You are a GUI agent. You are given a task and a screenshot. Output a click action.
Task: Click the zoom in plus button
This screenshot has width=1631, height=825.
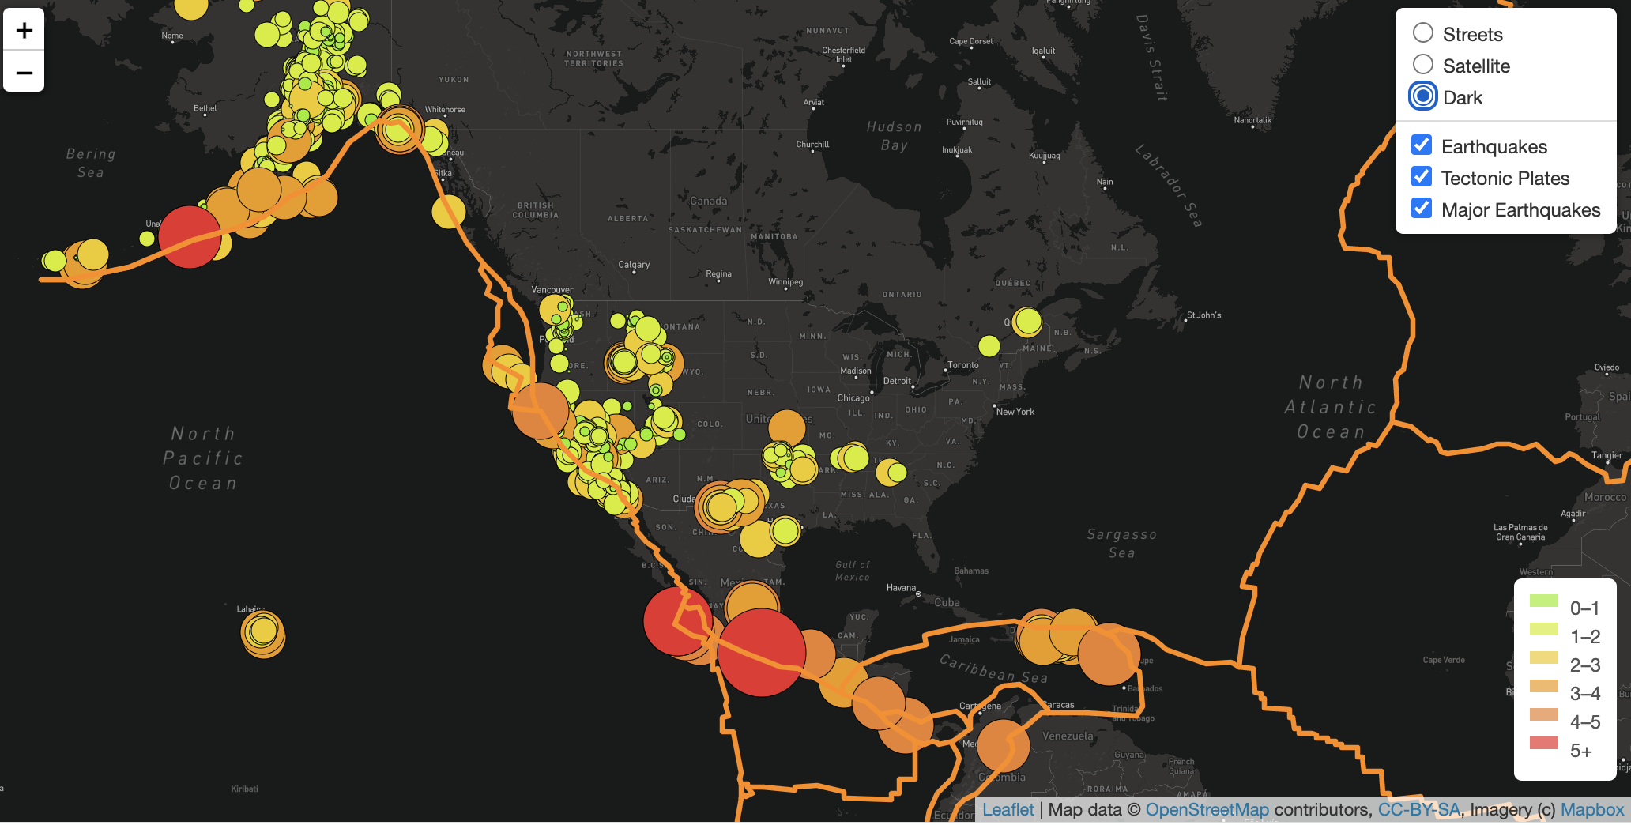(24, 30)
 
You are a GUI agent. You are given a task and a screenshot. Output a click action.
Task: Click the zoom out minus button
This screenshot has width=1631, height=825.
(24, 73)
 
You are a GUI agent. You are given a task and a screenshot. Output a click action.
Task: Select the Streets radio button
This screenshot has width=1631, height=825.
(1423, 33)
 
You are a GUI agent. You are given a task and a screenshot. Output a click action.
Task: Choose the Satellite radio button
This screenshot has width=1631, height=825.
(1423, 65)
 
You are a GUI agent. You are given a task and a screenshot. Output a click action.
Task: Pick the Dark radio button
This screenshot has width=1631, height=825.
(1423, 96)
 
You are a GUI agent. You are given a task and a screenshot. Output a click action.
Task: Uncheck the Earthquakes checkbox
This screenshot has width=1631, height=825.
(1422, 145)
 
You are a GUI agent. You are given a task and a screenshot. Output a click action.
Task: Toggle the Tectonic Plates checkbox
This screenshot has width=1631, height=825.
(1422, 177)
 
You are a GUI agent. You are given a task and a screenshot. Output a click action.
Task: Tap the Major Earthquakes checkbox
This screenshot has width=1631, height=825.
(1422, 209)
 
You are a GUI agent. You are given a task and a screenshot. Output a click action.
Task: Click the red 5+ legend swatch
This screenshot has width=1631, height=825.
(1543, 743)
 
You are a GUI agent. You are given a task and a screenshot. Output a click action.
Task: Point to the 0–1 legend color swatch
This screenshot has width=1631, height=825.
(1543, 601)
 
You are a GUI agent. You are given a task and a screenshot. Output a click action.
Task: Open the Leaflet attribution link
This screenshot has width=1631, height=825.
(1008, 810)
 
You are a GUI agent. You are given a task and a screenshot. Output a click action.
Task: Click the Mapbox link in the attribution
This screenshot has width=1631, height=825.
(1591, 810)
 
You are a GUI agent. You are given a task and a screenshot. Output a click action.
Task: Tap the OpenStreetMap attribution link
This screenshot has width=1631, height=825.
(1207, 810)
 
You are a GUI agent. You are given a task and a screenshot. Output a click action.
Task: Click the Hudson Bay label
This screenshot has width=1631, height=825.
(894, 136)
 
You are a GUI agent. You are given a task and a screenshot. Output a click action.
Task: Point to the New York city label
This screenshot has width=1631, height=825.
(1015, 412)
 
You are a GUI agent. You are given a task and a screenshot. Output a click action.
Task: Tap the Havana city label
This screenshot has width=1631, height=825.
(901, 588)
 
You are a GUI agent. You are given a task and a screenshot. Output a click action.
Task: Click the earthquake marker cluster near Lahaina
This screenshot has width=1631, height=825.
(262, 633)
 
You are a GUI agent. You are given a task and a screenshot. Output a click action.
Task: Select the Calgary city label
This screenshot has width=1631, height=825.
(634, 265)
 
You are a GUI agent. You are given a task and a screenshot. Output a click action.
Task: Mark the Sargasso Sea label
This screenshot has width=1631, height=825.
(1121, 544)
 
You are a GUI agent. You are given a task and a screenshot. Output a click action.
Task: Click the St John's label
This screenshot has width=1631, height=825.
(1203, 315)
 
